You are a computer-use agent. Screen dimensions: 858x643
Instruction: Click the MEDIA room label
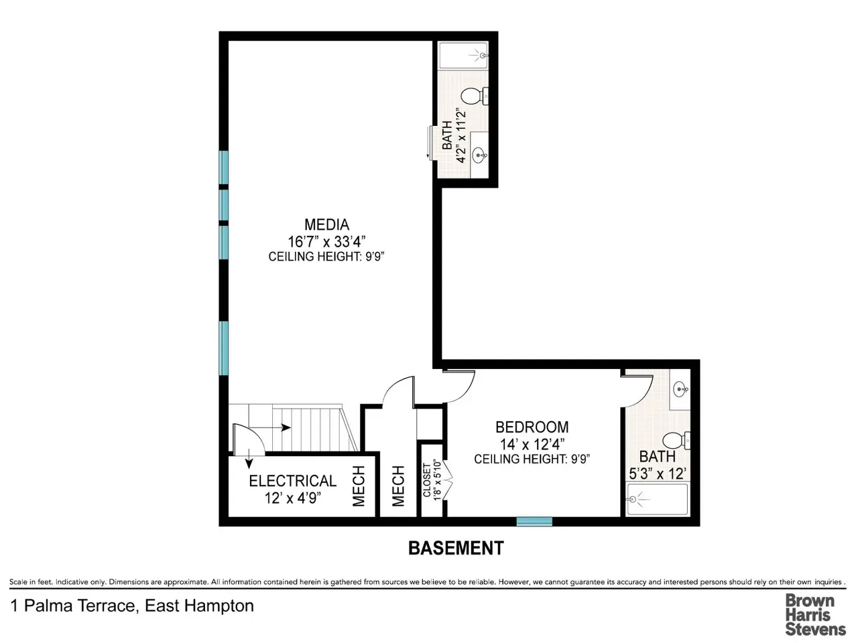click(326, 224)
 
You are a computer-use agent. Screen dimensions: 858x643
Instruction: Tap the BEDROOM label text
click(532, 427)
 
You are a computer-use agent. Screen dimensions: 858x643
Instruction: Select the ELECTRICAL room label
click(292, 481)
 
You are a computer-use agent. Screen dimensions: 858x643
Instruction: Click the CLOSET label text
click(427, 480)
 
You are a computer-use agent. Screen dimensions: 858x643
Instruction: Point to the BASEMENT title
click(456, 548)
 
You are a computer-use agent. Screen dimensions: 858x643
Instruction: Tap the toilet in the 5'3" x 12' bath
click(676, 440)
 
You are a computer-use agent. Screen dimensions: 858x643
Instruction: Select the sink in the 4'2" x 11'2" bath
click(480, 155)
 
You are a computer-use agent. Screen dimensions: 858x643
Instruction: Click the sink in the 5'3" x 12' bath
click(680, 389)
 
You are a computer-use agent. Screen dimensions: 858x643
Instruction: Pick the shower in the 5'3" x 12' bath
click(657, 500)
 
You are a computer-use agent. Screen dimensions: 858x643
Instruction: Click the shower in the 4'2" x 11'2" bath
click(464, 56)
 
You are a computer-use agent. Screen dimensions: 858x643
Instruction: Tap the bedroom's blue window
click(534, 521)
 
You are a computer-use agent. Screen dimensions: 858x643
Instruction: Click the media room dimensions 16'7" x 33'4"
click(326, 242)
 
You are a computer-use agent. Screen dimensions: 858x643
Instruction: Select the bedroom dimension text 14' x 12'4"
click(532, 444)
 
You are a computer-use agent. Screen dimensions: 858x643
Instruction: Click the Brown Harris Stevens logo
click(815, 614)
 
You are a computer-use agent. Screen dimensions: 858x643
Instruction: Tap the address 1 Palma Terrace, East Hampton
click(132, 606)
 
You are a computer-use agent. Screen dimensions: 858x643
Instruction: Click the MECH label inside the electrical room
click(359, 486)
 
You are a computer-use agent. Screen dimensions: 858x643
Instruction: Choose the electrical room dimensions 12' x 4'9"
click(292, 498)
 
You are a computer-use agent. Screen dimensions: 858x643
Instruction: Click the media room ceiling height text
click(326, 257)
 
